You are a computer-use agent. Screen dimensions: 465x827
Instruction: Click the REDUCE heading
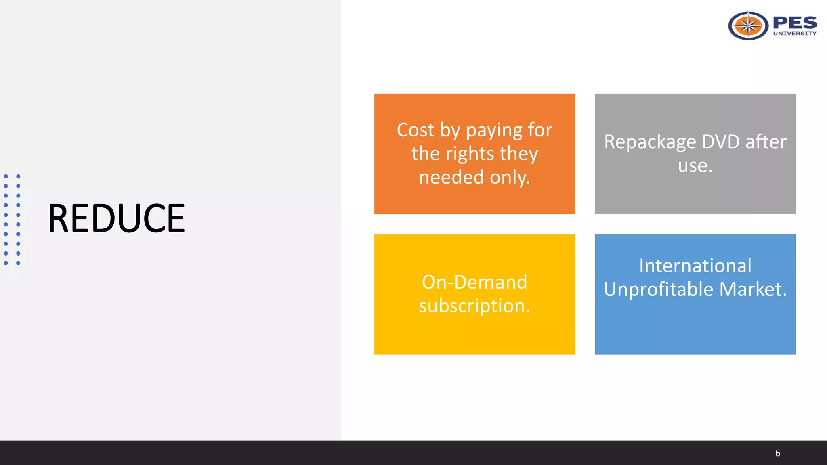116,218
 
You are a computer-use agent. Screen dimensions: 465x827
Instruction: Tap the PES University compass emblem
748,26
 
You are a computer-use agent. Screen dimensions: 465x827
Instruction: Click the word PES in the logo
795,23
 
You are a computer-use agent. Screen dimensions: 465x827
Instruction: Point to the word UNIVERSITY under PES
795,34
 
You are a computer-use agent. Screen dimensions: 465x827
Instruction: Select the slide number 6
777,453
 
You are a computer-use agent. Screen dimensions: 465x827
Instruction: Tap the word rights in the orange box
470,154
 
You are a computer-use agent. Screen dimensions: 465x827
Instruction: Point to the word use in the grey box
693,165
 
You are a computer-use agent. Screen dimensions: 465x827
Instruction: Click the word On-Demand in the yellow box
474,282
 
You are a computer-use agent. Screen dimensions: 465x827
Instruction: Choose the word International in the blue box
695,266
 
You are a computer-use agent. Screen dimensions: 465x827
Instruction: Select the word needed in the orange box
451,177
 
